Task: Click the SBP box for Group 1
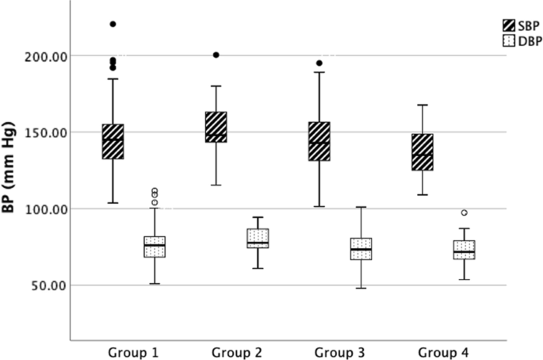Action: pos(113,141)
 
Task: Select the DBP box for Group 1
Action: pos(155,246)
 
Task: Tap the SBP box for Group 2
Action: pos(216,127)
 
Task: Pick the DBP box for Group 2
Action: pos(258,238)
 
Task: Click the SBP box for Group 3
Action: pos(319,141)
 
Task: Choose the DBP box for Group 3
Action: pos(361,248)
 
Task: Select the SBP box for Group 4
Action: pos(423,151)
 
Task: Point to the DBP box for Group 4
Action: pos(464,250)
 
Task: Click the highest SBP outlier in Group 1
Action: pos(113,25)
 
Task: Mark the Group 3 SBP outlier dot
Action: pos(319,63)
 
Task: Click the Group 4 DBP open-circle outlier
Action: pos(464,213)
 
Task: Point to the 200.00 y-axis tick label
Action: pos(45,56)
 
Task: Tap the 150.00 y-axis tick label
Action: pos(45,132)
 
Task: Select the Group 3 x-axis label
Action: pos(340,351)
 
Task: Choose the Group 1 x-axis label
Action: pos(134,351)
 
